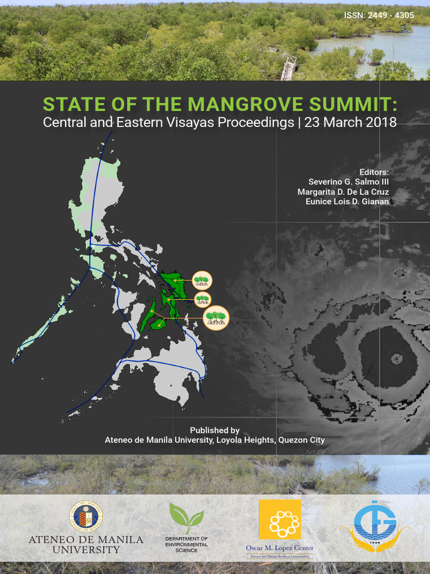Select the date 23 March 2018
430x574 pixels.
point(350,123)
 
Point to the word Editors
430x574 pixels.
point(375,172)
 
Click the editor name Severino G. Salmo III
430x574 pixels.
point(348,182)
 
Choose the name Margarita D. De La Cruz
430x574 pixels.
point(343,192)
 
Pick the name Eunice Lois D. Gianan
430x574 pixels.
point(347,201)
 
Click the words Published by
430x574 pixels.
point(214,430)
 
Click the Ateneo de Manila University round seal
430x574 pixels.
point(86,517)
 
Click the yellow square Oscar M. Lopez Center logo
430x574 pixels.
point(279,520)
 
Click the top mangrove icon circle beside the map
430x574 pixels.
point(202,280)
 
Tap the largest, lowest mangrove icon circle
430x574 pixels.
point(216,318)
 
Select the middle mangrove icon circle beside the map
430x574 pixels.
point(202,298)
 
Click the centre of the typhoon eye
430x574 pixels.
point(396,358)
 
